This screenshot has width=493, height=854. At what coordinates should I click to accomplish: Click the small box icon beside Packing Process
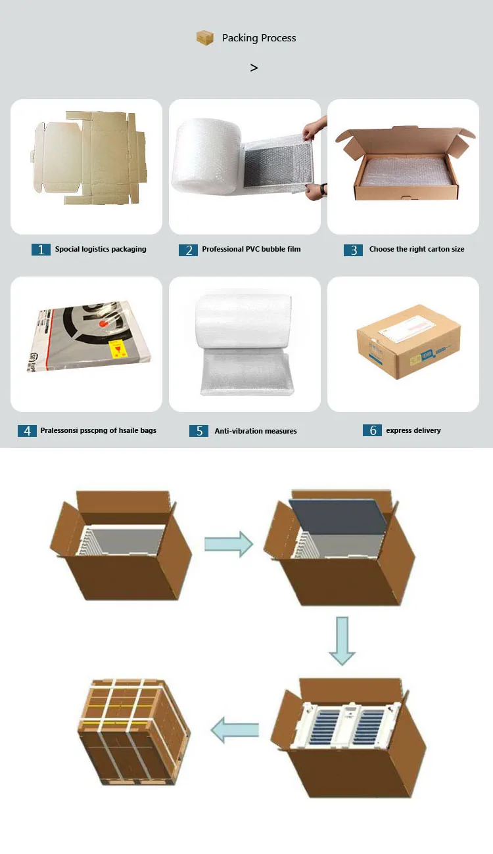(x=205, y=38)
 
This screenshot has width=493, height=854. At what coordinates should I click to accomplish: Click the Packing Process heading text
(x=259, y=38)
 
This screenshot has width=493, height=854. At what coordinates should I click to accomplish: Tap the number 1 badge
(x=41, y=250)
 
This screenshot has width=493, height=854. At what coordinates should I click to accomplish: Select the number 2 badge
(x=188, y=250)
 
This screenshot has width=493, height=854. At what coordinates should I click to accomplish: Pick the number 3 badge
(x=353, y=250)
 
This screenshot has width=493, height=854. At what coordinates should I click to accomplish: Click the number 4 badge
(x=27, y=431)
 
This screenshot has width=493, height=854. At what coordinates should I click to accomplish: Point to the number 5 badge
(x=199, y=431)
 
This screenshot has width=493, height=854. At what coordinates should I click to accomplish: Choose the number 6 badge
(x=372, y=430)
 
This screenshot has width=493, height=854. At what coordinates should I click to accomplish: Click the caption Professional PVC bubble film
(x=251, y=250)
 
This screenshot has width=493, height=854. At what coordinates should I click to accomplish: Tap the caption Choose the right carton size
(x=417, y=250)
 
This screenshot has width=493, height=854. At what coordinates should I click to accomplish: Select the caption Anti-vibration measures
(x=256, y=431)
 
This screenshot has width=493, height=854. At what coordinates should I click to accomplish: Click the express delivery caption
(x=413, y=430)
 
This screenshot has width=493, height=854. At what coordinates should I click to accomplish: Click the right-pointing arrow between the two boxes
(x=228, y=544)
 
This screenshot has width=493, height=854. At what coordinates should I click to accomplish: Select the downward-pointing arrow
(x=342, y=640)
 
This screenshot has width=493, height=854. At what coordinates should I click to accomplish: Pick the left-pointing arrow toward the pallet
(x=234, y=730)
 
